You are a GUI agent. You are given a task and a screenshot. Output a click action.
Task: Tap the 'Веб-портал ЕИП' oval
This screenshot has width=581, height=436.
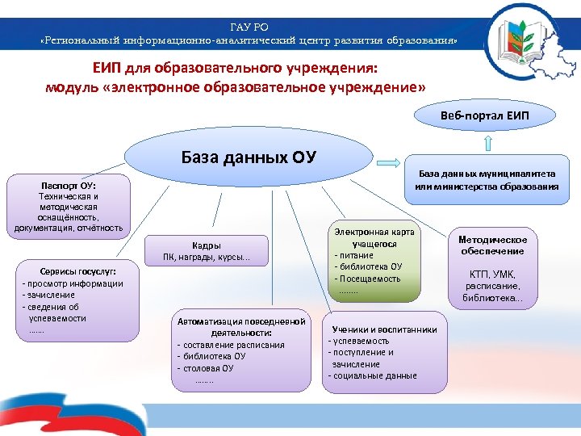pos(485,115)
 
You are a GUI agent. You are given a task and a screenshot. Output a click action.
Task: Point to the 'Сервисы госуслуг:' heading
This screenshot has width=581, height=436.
pos(73,272)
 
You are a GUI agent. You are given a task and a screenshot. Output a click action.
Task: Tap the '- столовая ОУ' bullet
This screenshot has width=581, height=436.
pos(206,368)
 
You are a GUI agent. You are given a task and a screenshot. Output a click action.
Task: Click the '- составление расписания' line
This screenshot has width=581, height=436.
pos(231,345)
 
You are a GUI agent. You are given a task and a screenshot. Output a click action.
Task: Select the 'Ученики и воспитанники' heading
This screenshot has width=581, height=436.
pos(385,329)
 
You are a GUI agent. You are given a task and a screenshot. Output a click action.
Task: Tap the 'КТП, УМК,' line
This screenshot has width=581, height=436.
pos(492,275)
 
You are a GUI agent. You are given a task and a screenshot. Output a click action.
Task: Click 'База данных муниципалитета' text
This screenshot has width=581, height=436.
pos(487,174)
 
